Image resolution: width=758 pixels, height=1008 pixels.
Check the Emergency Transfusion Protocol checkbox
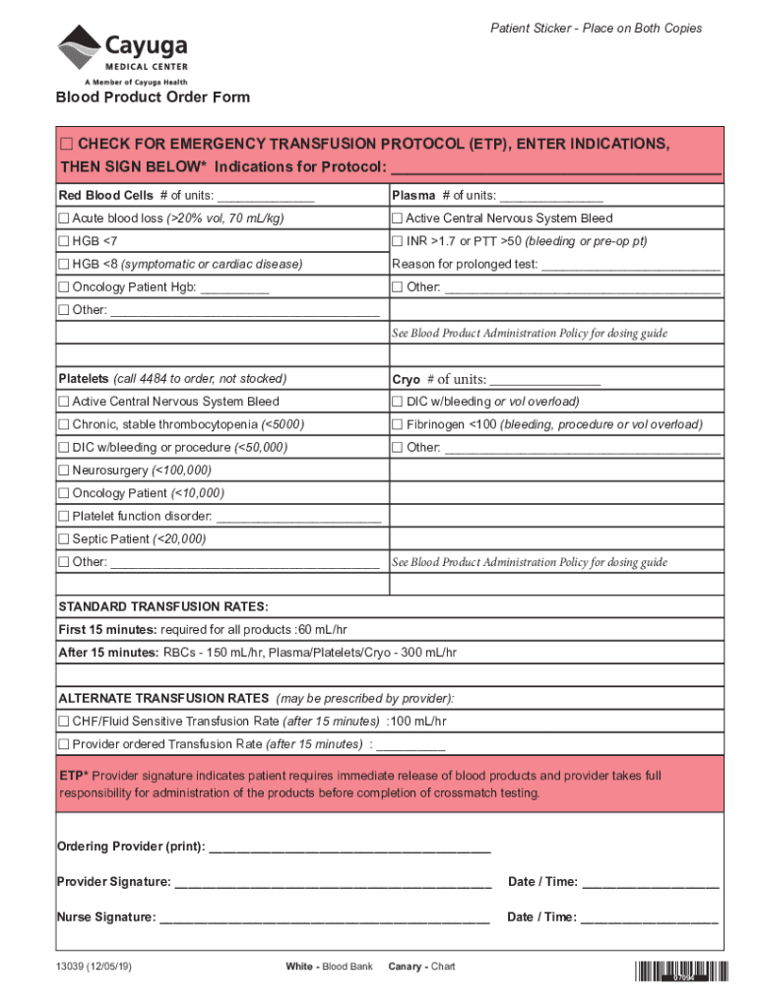pyautogui.click(x=66, y=145)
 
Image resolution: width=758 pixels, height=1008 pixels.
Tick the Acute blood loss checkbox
pyautogui.click(x=64, y=219)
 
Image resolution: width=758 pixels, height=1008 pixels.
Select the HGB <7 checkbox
pyautogui.click(x=64, y=241)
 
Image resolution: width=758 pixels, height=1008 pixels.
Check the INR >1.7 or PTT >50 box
pyautogui.click(x=398, y=241)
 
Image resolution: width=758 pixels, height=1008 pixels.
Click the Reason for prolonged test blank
pyautogui.click(x=631, y=265)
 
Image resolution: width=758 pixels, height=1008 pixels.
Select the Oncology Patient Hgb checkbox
pyautogui.click(x=64, y=287)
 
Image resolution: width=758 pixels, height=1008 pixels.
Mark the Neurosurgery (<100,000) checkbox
pyautogui.click(x=64, y=471)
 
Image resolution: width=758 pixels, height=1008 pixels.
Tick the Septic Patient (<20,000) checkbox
pyautogui.click(x=64, y=539)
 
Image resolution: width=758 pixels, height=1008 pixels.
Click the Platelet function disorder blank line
pyautogui.click(x=297, y=517)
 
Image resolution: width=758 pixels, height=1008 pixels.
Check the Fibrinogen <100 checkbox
pyautogui.click(x=398, y=424)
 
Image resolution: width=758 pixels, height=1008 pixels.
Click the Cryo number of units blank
pyautogui.click(x=544, y=380)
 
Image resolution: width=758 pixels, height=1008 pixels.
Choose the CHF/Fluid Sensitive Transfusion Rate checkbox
pyautogui.click(x=64, y=722)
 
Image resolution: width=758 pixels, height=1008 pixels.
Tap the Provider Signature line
pyautogui.click(x=332, y=882)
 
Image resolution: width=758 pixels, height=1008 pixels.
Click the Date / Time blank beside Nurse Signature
pyautogui.click(x=649, y=917)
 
